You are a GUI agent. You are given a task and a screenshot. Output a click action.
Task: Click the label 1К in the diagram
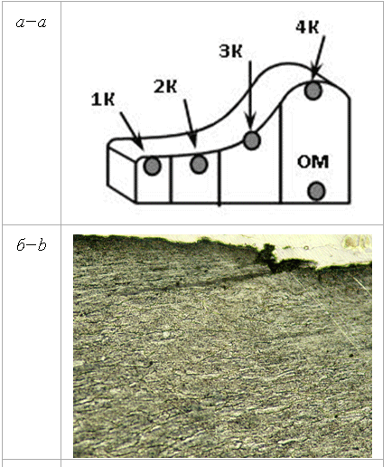pos(103,100)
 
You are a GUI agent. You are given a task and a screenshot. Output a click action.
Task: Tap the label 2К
pos(165,87)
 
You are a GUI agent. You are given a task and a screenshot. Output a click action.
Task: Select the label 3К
pos(230,51)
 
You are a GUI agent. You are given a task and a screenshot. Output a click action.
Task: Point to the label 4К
pos(307,27)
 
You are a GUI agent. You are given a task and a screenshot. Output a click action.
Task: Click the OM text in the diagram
pos(313,162)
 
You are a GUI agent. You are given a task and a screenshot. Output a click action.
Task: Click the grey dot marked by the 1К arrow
pos(152,167)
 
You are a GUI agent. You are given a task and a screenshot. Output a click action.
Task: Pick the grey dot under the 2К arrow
pos(199,165)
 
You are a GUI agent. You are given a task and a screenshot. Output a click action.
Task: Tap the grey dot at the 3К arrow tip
pos(252,140)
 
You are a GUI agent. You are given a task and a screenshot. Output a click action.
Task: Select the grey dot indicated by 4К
pos(313,91)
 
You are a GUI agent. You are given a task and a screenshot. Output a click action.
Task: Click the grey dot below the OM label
pos(317,191)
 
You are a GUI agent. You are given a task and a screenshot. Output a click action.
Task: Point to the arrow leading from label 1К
pos(131,130)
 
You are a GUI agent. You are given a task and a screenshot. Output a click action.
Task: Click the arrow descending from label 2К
pos(191,123)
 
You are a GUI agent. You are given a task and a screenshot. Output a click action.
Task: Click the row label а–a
pos(32,23)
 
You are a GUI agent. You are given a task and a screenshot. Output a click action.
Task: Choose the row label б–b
pos(32,245)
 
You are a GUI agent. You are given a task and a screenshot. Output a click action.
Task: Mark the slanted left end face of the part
pos(121,173)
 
